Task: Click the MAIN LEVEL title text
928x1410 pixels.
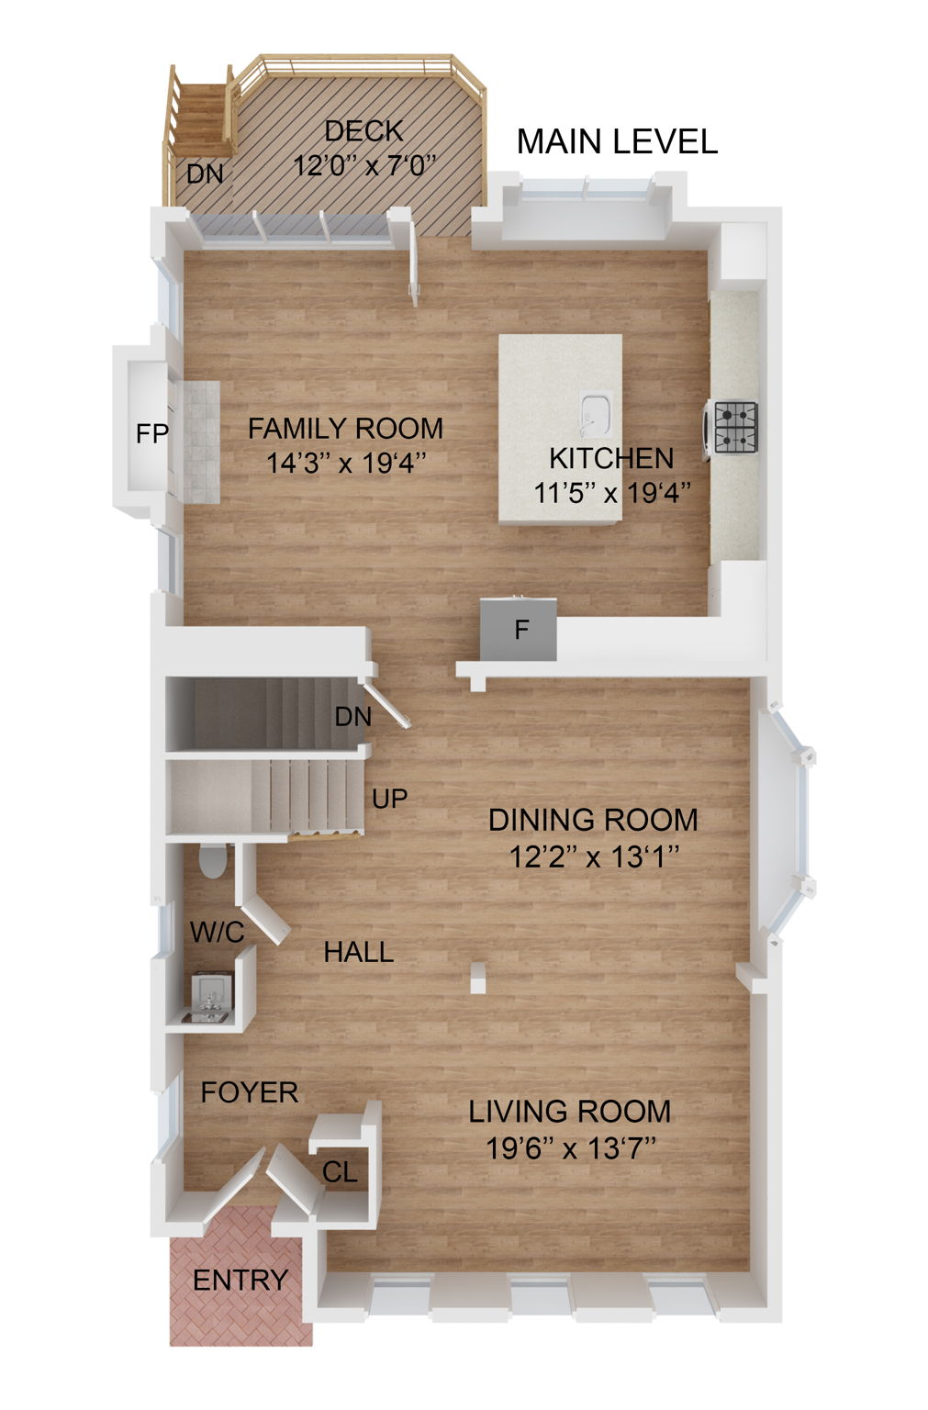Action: (617, 141)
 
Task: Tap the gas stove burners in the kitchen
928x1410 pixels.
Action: (736, 427)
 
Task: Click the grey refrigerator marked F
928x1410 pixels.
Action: (520, 630)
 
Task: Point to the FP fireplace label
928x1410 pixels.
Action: (152, 433)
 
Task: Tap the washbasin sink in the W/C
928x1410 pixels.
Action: (209, 995)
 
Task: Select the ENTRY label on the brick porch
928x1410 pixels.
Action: (240, 1280)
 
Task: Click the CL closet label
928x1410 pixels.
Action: (340, 1172)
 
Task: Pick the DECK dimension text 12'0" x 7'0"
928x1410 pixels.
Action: (364, 166)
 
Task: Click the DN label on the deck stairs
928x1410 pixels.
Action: (206, 173)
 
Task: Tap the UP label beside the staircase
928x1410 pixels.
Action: (389, 799)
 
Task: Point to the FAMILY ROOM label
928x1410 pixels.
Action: (345, 429)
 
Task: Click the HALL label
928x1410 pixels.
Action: (358, 953)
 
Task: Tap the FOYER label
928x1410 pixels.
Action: (250, 1092)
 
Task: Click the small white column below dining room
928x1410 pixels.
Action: (477, 978)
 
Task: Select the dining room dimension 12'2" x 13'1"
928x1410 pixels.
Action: (594, 857)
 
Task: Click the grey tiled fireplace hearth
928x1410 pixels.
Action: (200, 442)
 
